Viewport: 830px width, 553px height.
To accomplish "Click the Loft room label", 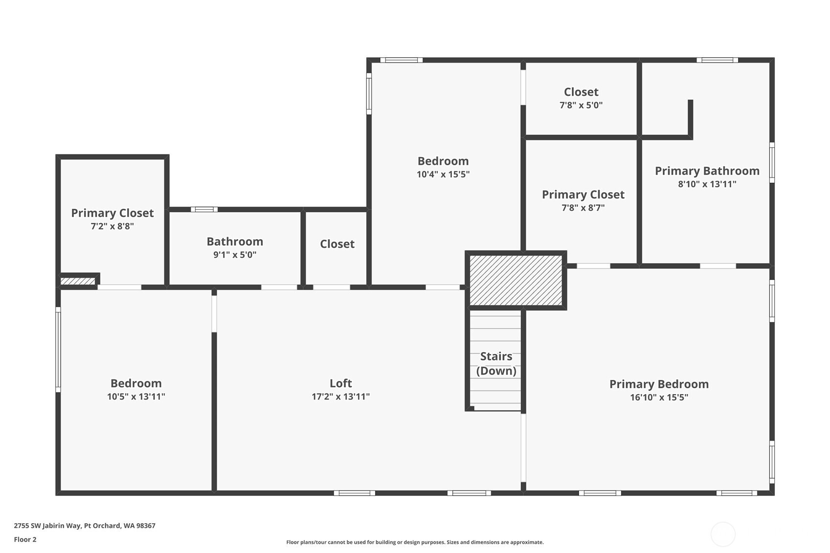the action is (340, 383).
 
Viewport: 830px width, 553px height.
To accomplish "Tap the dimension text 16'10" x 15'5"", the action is (659, 398).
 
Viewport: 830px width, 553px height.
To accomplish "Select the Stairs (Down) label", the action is (496, 363).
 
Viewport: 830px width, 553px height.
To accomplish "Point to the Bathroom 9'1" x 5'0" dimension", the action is (235, 255).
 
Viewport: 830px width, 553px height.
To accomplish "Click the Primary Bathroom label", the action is (707, 171).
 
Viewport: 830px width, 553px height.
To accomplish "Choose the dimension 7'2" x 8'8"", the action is (112, 226).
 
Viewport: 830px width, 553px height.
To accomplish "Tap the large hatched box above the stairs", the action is (516, 280).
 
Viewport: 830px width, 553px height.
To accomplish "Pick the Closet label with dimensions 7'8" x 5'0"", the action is (581, 92).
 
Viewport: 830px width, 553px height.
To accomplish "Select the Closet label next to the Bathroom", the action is (337, 243).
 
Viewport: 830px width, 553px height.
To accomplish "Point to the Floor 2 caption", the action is (25, 539).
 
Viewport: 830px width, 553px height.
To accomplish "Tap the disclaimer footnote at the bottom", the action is (415, 542).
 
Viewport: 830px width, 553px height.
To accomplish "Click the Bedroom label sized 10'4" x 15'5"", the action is (443, 161).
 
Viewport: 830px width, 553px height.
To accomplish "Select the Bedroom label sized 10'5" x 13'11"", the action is (136, 383).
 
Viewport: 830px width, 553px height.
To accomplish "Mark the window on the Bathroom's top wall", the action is (204, 210).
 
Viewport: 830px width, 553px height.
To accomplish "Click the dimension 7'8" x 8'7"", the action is (583, 208).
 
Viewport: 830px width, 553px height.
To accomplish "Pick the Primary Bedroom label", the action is (659, 384).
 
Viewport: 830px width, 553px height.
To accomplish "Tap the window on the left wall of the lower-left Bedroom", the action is (58, 349).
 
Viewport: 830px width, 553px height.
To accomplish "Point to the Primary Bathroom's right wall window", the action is (772, 163).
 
